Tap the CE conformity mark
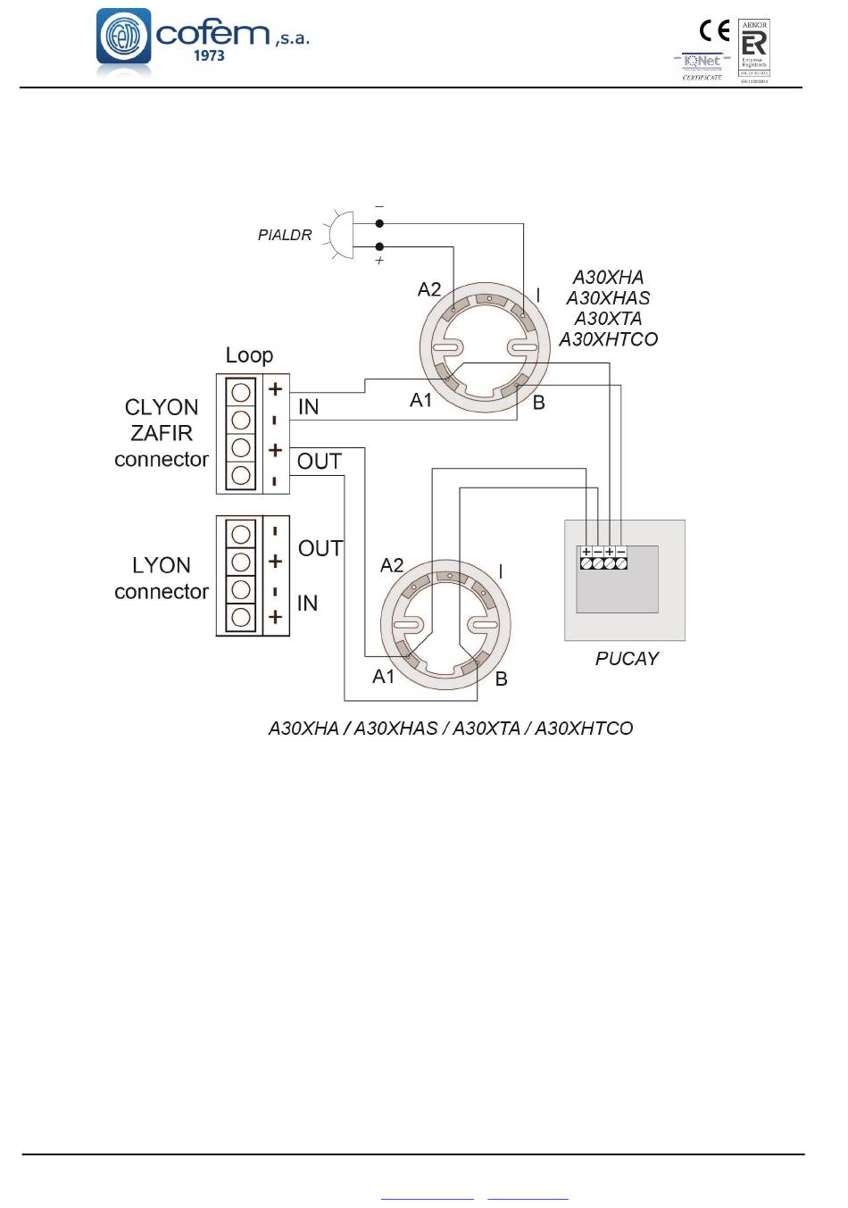click(x=714, y=31)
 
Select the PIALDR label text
click(x=285, y=235)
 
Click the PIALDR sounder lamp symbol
click(x=340, y=235)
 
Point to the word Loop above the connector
click(x=249, y=355)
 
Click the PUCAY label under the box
click(x=627, y=659)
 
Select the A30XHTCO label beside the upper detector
click(x=609, y=339)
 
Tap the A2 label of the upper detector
click(x=429, y=289)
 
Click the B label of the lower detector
click(x=502, y=679)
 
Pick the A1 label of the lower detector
click(x=384, y=677)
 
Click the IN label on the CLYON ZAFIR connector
click(x=308, y=407)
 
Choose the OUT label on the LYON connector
click(x=320, y=548)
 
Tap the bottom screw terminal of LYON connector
click(x=240, y=617)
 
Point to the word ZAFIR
click(x=162, y=433)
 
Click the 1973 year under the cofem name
click(x=209, y=55)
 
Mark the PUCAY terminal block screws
click(x=603, y=563)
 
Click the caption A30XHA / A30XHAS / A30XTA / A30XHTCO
click(x=451, y=729)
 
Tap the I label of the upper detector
click(x=537, y=295)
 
